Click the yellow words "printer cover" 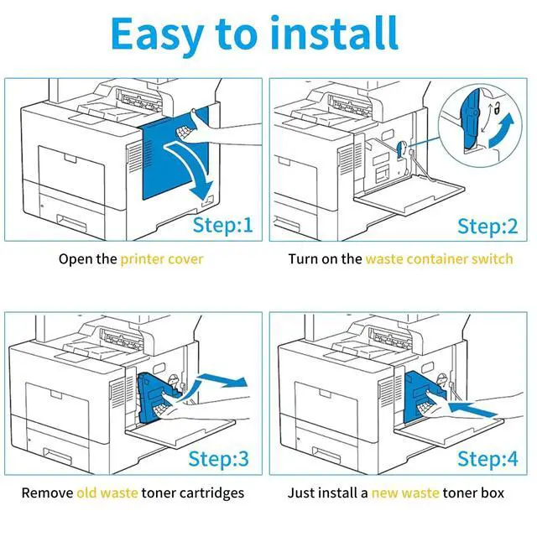162,258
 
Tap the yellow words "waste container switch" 439,258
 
